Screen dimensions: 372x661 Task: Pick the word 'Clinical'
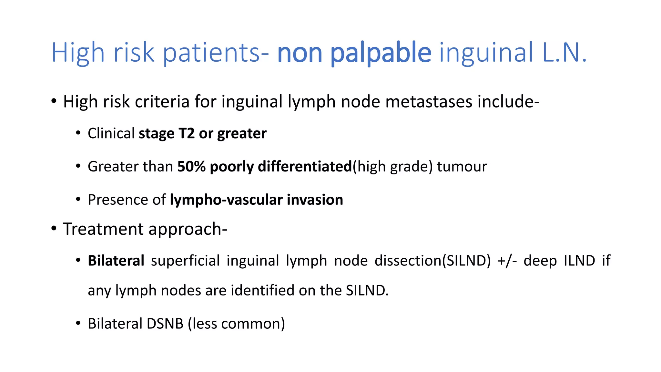tap(111, 133)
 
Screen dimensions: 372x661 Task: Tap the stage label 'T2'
tap(186, 133)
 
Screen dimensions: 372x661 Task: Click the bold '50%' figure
tap(191, 167)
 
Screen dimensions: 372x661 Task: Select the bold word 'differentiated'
tap(305, 167)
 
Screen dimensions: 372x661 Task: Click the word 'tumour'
tap(462, 167)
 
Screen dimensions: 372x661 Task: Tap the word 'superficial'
tap(185, 261)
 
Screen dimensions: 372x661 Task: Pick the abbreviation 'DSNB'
tap(165, 324)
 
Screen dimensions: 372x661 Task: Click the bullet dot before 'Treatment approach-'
tap(54, 229)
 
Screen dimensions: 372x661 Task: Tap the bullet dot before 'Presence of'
tap(78, 199)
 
